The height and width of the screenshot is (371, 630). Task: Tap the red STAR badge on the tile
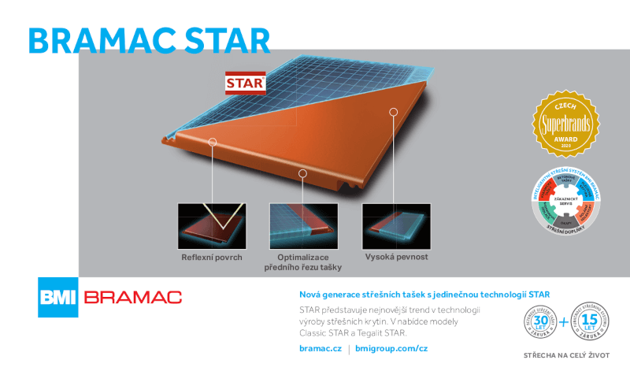[244, 83]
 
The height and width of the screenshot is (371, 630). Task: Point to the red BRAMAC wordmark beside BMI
[132, 298]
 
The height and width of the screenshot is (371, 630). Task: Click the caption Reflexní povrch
[212, 258]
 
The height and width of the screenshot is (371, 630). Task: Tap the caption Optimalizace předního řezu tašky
[302, 263]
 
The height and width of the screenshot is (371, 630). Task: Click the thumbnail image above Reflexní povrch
[212, 226]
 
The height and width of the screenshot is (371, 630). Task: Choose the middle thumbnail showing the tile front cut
[302, 226]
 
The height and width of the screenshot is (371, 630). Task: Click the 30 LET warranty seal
[541, 321]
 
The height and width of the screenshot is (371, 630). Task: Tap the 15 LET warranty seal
[589, 321]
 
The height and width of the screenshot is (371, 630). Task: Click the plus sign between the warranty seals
[565, 322]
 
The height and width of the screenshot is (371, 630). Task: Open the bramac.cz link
[320, 347]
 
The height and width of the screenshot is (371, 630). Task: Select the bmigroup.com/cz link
[391, 347]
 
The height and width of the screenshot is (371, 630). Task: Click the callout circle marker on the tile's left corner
[212, 143]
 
